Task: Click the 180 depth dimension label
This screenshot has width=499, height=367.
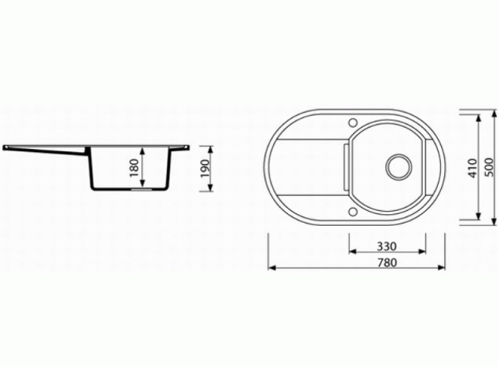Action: coord(135,168)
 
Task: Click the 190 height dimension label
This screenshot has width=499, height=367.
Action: coord(206,169)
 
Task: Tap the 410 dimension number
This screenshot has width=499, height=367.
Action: coord(473,168)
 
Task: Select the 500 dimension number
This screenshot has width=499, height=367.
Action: coord(490,168)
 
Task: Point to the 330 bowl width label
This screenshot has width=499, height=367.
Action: coord(387,246)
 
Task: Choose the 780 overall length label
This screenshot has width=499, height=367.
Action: coord(387,263)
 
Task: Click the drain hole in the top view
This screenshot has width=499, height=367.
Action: coord(399,167)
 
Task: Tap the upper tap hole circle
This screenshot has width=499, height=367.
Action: coord(353,122)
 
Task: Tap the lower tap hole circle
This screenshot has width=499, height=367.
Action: coord(352,212)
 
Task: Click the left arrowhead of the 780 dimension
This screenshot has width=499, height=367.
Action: coord(271,267)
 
